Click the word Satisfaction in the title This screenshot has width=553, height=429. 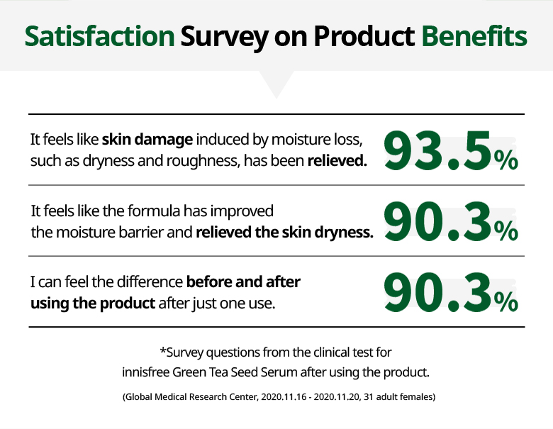coord(99,36)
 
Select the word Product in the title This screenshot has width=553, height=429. coord(364,36)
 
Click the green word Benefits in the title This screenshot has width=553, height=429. coord(474,36)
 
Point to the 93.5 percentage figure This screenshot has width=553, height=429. coord(437,150)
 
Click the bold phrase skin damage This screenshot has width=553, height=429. coord(147,140)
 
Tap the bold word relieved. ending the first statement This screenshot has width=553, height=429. coord(337,161)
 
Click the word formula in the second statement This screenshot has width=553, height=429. coord(154,211)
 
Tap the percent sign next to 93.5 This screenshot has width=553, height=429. coord(505,160)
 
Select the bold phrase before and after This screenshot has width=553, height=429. coord(243,282)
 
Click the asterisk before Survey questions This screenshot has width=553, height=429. coord(163,350)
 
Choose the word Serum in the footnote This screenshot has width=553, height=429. coord(279,372)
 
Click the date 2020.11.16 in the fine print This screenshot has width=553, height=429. coord(284,397)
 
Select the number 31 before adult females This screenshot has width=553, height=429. coord(368,397)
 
